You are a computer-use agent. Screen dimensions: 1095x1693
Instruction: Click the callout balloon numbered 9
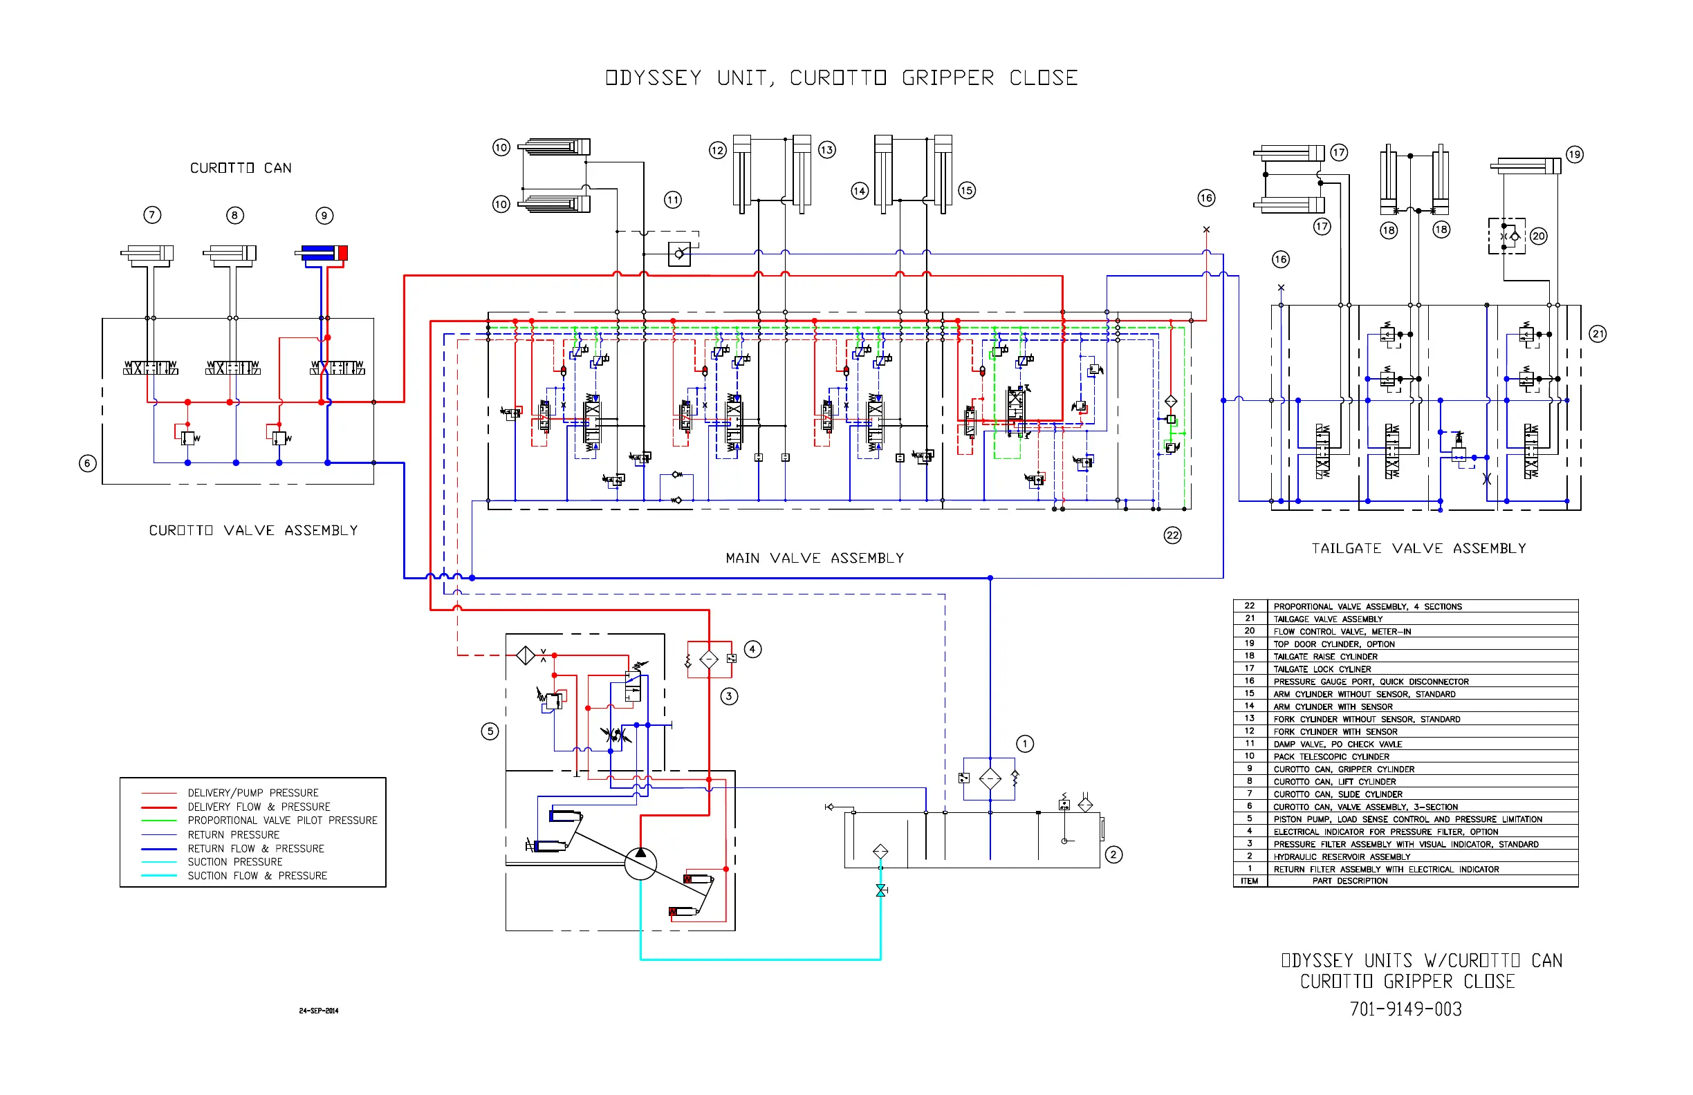point(324,216)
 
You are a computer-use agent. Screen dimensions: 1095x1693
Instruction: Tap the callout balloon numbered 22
point(1172,536)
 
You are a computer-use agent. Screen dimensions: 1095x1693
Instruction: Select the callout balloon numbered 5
point(490,731)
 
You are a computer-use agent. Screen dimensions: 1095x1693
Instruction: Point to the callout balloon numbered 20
point(1539,236)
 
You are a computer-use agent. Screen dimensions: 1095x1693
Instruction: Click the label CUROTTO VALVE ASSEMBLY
point(253,530)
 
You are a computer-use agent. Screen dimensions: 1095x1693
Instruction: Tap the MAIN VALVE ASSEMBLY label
point(815,558)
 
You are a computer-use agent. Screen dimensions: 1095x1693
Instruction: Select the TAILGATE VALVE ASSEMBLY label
point(1418,548)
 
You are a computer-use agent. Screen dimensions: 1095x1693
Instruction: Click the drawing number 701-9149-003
point(1405,1009)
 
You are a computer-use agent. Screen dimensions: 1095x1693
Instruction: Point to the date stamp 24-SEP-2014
point(319,1011)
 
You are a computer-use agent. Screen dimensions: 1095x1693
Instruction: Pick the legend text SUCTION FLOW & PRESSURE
point(257,876)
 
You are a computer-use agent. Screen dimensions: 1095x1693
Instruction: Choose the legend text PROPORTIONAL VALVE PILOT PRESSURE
point(282,821)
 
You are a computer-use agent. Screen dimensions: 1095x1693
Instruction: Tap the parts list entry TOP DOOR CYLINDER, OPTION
point(1334,644)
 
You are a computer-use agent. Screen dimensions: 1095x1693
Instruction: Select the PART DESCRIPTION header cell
point(1349,881)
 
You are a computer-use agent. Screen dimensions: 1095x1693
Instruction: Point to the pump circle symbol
point(640,863)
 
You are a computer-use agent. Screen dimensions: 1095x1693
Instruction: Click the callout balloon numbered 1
point(1024,744)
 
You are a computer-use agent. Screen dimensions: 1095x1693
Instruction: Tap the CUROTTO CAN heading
point(241,168)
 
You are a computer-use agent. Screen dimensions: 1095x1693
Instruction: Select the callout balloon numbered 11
point(673,200)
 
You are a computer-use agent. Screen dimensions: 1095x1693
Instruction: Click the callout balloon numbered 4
point(752,649)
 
